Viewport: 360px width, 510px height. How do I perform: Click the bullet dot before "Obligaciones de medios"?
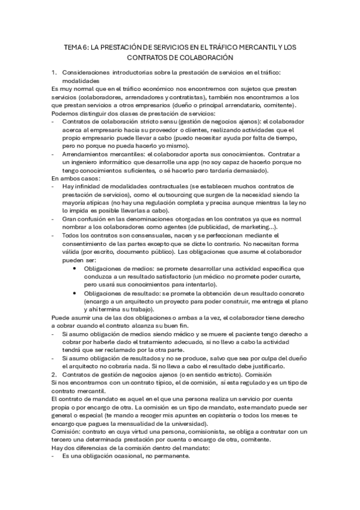75,268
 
